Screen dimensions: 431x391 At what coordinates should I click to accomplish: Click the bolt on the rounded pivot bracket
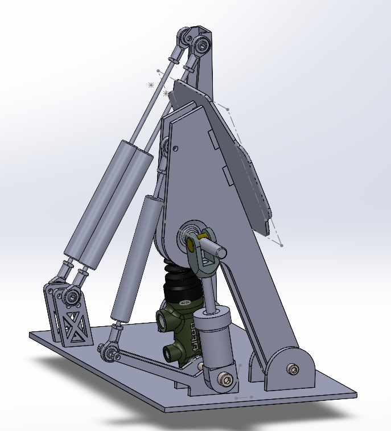(293, 370)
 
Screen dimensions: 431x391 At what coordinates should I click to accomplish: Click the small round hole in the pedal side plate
(176, 149)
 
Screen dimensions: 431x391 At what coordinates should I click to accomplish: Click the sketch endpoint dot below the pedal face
(282, 245)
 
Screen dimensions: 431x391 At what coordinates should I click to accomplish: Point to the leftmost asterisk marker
(151, 85)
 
